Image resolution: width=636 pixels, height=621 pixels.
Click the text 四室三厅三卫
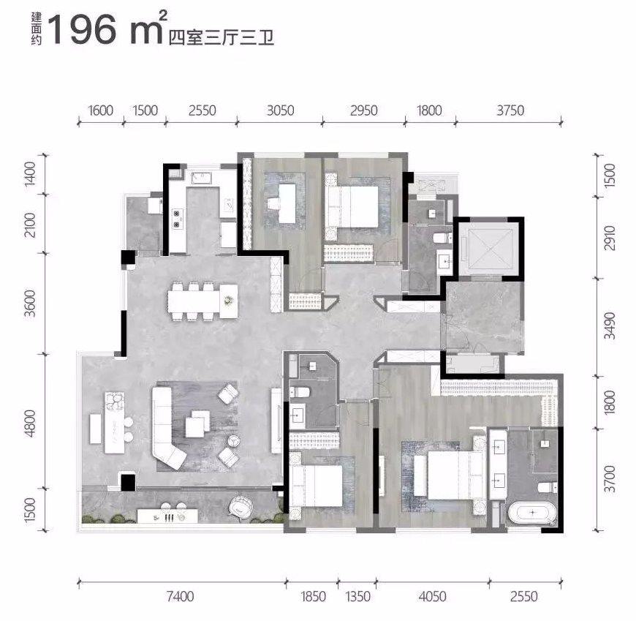(x=222, y=37)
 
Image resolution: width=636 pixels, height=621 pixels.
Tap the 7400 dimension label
(x=180, y=597)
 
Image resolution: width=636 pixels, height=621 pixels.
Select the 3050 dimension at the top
(x=280, y=110)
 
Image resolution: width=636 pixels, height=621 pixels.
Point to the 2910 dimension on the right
(x=610, y=238)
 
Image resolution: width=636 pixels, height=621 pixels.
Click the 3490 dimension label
(x=610, y=325)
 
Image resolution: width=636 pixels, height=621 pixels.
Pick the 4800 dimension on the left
(x=30, y=424)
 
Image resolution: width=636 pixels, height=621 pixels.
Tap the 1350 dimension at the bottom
(x=357, y=597)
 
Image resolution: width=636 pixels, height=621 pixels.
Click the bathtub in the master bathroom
(x=531, y=513)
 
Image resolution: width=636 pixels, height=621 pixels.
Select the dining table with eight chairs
(x=202, y=301)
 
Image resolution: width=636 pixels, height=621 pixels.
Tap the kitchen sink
(x=202, y=178)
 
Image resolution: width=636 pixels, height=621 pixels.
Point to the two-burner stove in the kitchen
(x=177, y=219)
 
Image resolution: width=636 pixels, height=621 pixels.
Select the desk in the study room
(x=287, y=203)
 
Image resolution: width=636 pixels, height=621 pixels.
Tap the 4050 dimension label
(x=432, y=597)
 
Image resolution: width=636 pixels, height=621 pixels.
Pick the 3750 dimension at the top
(x=510, y=110)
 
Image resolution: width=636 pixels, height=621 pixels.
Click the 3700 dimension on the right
(x=610, y=479)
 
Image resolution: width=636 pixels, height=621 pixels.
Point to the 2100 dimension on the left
(x=30, y=225)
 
